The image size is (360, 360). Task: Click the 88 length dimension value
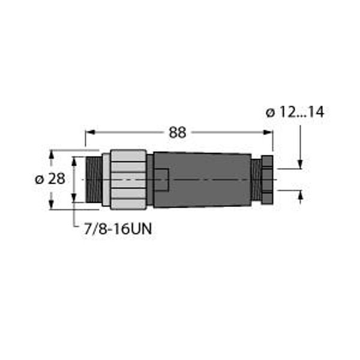click(177, 133)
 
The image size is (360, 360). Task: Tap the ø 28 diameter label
click(50, 179)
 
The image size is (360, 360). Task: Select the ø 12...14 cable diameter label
click(295, 112)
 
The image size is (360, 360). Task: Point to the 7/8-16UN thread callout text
click(118, 229)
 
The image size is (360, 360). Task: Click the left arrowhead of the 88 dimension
click(90, 132)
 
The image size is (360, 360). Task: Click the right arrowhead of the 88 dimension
click(268, 132)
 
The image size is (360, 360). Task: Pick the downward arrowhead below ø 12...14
click(300, 164)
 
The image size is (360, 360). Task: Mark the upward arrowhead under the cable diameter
click(300, 195)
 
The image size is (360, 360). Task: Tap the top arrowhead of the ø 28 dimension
click(51, 155)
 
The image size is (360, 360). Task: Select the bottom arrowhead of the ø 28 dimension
click(51, 205)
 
